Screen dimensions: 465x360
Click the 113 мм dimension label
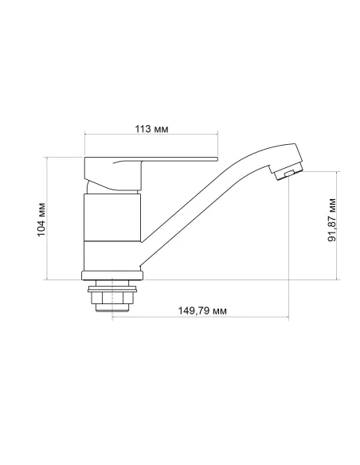click(151, 129)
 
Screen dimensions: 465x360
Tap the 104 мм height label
click(41, 218)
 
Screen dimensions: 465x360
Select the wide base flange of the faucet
click(112, 276)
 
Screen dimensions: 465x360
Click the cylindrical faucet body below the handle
click(112, 231)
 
